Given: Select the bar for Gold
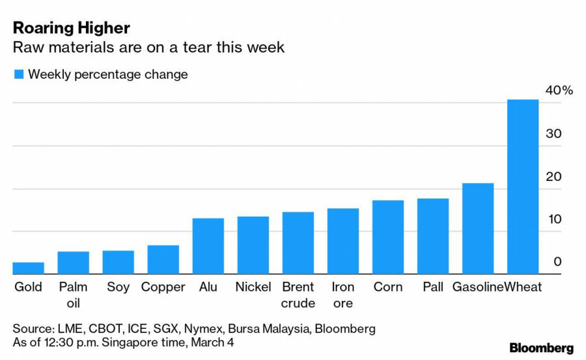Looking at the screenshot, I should coord(29,268).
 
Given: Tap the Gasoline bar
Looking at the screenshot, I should coord(478,228).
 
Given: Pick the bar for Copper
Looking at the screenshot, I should coord(163,260).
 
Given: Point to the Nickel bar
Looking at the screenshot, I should coord(253,245).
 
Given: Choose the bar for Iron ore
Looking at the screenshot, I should coord(343,242).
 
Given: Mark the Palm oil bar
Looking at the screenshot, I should coord(74,263).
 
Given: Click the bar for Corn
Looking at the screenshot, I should coord(388,238).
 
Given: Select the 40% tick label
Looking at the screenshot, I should coord(559,90).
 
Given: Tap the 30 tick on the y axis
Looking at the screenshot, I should coord(553,133).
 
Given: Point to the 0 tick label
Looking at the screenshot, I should coord(557,262).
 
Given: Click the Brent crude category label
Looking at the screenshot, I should coord(298,295).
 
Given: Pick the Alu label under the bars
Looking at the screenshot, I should coord(208,287).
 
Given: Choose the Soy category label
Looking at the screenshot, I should coord(119,287).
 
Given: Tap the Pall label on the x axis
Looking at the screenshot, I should coord(433,287).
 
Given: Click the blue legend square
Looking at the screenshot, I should coord(19,75).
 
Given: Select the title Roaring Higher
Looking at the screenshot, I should coord(71,28).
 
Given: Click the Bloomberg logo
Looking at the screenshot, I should coord(541,348).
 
